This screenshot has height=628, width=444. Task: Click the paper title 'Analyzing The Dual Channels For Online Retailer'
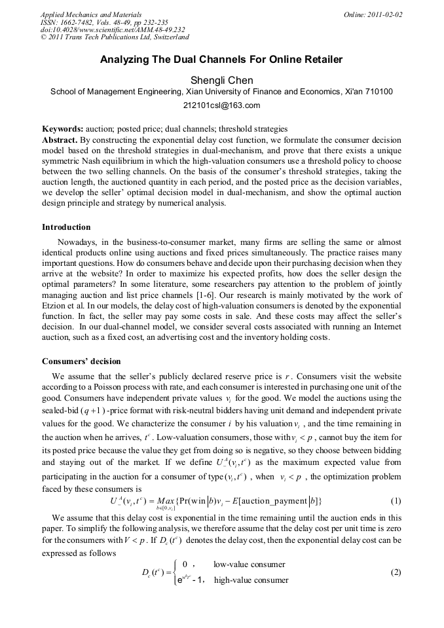(221, 60)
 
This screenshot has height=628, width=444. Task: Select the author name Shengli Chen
(221, 81)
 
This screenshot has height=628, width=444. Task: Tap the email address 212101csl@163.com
(222, 105)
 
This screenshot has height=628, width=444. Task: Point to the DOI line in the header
(113, 29)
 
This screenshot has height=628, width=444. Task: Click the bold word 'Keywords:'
(62, 130)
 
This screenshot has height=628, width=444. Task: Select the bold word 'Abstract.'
(60, 140)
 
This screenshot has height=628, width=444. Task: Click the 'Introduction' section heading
(66, 227)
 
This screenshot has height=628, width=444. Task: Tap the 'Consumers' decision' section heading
(81, 361)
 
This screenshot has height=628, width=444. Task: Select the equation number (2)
(396, 572)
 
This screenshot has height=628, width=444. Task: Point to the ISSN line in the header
(104, 22)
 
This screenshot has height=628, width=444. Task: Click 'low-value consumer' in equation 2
(249, 564)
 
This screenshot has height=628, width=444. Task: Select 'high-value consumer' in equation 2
(251, 580)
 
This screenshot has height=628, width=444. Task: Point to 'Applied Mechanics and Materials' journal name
(90, 14)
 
